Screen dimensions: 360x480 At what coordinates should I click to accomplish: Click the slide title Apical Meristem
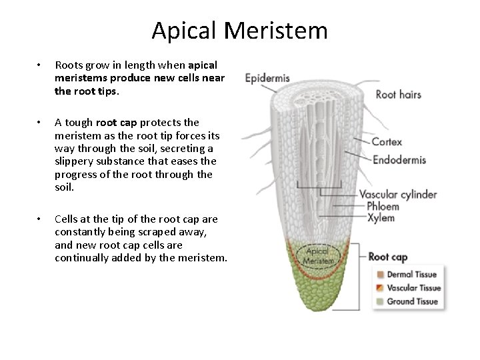(x=239, y=30)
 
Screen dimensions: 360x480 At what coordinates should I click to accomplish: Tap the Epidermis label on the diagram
(x=268, y=79)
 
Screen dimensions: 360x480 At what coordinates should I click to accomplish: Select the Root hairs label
(x=399, y=95)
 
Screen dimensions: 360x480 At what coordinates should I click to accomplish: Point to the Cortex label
(x=387, y=141)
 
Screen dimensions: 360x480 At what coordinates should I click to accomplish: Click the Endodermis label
(x=399, y=159)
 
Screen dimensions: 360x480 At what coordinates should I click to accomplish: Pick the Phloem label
(x=383, y=206)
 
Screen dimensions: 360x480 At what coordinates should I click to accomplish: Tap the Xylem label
(x=380, y=218)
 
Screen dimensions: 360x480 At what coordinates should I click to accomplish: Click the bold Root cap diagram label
(x=388, y=257)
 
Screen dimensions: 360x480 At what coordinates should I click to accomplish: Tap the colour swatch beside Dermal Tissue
(x=380, y=274)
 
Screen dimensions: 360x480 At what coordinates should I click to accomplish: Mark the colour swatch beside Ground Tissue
(x=380, y=301)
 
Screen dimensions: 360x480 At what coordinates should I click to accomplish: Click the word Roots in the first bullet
(x=68, y=65)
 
